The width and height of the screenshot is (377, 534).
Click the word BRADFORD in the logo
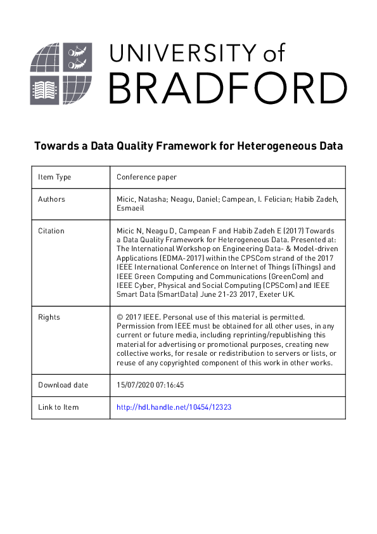[227, 88]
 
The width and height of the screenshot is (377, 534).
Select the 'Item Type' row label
[54, 178]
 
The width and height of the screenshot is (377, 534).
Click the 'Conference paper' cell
[146, 178]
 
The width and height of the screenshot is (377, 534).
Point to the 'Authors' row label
[51, 199]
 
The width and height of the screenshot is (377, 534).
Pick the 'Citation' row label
[51, 231]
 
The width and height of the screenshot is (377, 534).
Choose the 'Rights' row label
[49, 316]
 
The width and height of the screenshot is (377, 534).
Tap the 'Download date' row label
[63, 385]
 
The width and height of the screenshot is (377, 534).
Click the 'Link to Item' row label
[58, 407]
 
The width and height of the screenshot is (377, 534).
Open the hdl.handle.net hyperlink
[174, 407]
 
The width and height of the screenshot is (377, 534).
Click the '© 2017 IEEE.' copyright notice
[140, 316]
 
